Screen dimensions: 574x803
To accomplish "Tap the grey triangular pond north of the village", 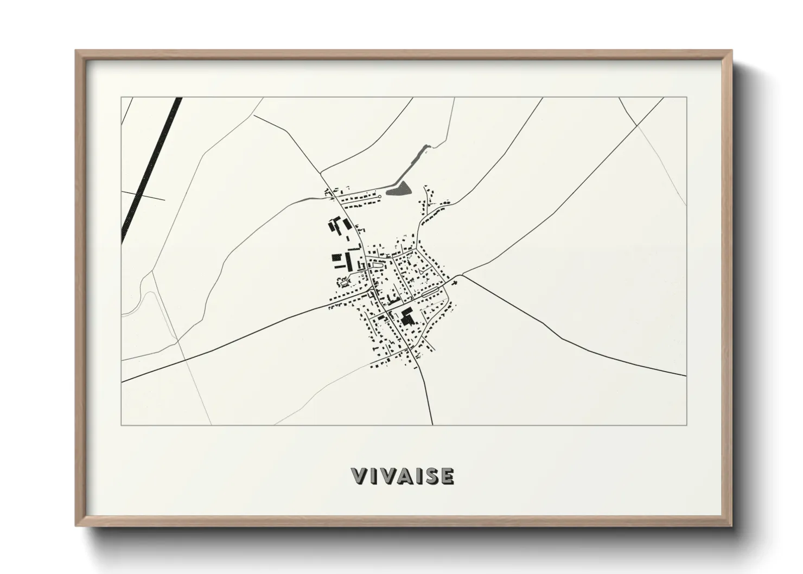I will pos(400,188).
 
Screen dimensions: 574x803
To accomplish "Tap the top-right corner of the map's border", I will pos(687,97).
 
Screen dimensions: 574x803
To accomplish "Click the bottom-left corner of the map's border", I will pos(122,425).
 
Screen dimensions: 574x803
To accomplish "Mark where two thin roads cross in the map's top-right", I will pos(637,126).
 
